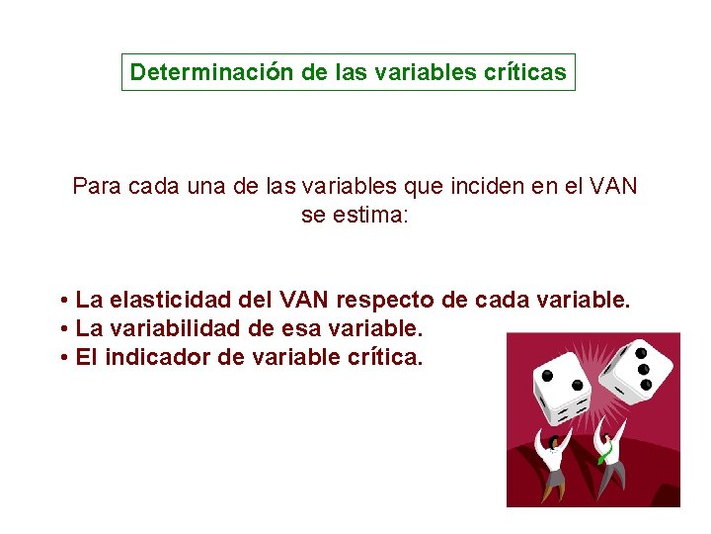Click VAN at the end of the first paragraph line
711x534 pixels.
pyautogui.click(x=614, y=185)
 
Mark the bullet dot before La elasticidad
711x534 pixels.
pyautogui.click(x=62, y=300)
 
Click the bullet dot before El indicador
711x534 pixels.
pyautogui.click(x=62, y=357)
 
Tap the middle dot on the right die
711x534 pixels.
pyautogui.click(x=642, y=368)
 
